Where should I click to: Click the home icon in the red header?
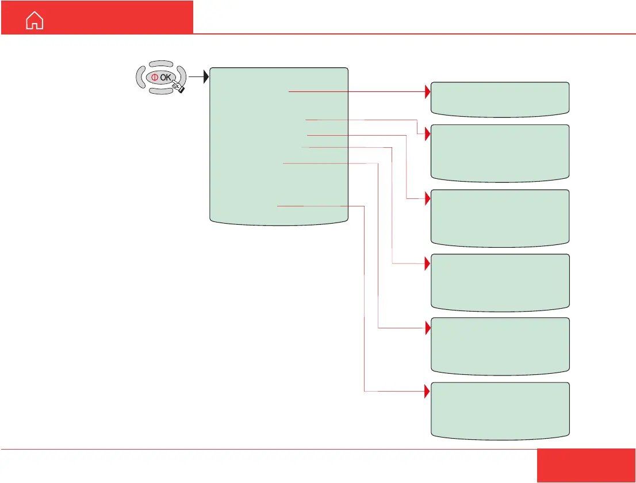[x=35, y=21]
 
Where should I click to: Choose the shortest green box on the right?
[x=500, y=99]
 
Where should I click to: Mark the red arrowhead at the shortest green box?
[x=428, y=91]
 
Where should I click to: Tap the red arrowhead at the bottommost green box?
[x=428, y=392]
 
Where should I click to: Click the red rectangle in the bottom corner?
[x=586, y=465]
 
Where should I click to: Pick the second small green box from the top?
[x=500, y=153]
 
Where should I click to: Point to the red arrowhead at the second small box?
[x=428, y=134]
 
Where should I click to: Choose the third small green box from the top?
[x=500, y=218]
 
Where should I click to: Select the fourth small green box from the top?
[x=500, y=282]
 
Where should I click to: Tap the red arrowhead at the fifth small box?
[x=428, y=328]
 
